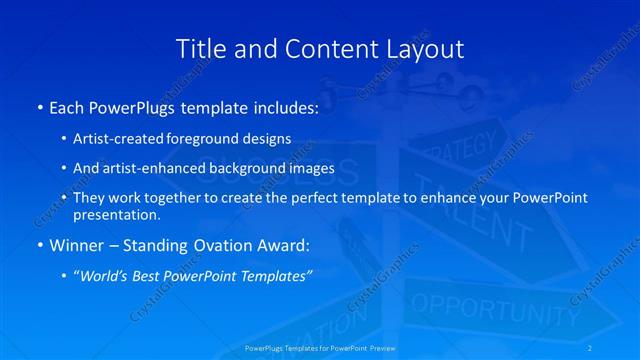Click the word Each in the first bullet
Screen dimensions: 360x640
click(x=67, y=106)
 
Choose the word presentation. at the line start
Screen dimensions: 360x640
click(x=116, y=215)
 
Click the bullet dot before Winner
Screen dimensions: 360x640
click(x=39, y=245)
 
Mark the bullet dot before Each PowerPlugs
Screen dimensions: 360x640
click(x=39, y=107)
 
